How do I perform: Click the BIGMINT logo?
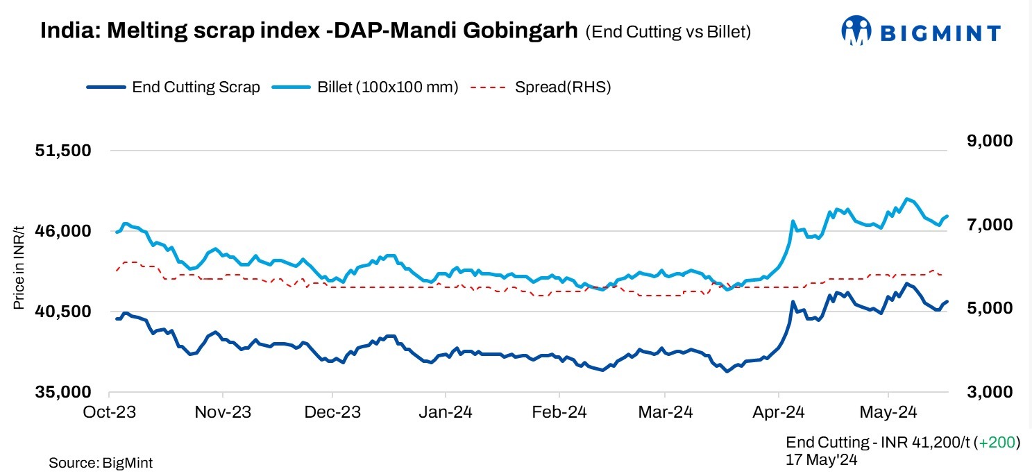pos(920,31)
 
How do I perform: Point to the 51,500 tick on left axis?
pos(63,151)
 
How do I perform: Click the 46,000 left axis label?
pos(63,231)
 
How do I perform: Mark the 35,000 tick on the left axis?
pos(63,392)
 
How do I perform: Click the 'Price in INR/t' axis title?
pos(19,269)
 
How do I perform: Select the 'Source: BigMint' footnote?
pos(101,463)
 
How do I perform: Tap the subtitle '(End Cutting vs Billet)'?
pos(668,32)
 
